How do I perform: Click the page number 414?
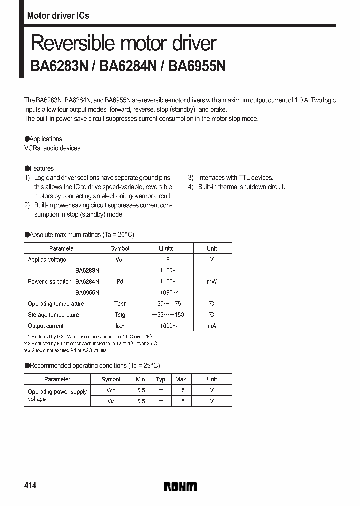click(30, 486)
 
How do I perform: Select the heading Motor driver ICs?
click(58, 16)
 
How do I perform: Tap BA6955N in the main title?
click(197, 66)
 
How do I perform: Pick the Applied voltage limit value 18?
click(166, 259)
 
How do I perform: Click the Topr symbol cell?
click(120, 304)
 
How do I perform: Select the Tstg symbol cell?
click(120, 315)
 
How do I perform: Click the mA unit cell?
click(212, 326)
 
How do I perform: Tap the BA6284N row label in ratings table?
click(87, 281)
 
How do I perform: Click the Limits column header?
click(166, 248)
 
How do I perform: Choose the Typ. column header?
click(161, 379)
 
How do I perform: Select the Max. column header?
click(181, 379)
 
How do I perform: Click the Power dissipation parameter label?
click(50, 281)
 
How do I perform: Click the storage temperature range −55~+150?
click(166, 315)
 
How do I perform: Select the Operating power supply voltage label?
click(57, 395)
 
